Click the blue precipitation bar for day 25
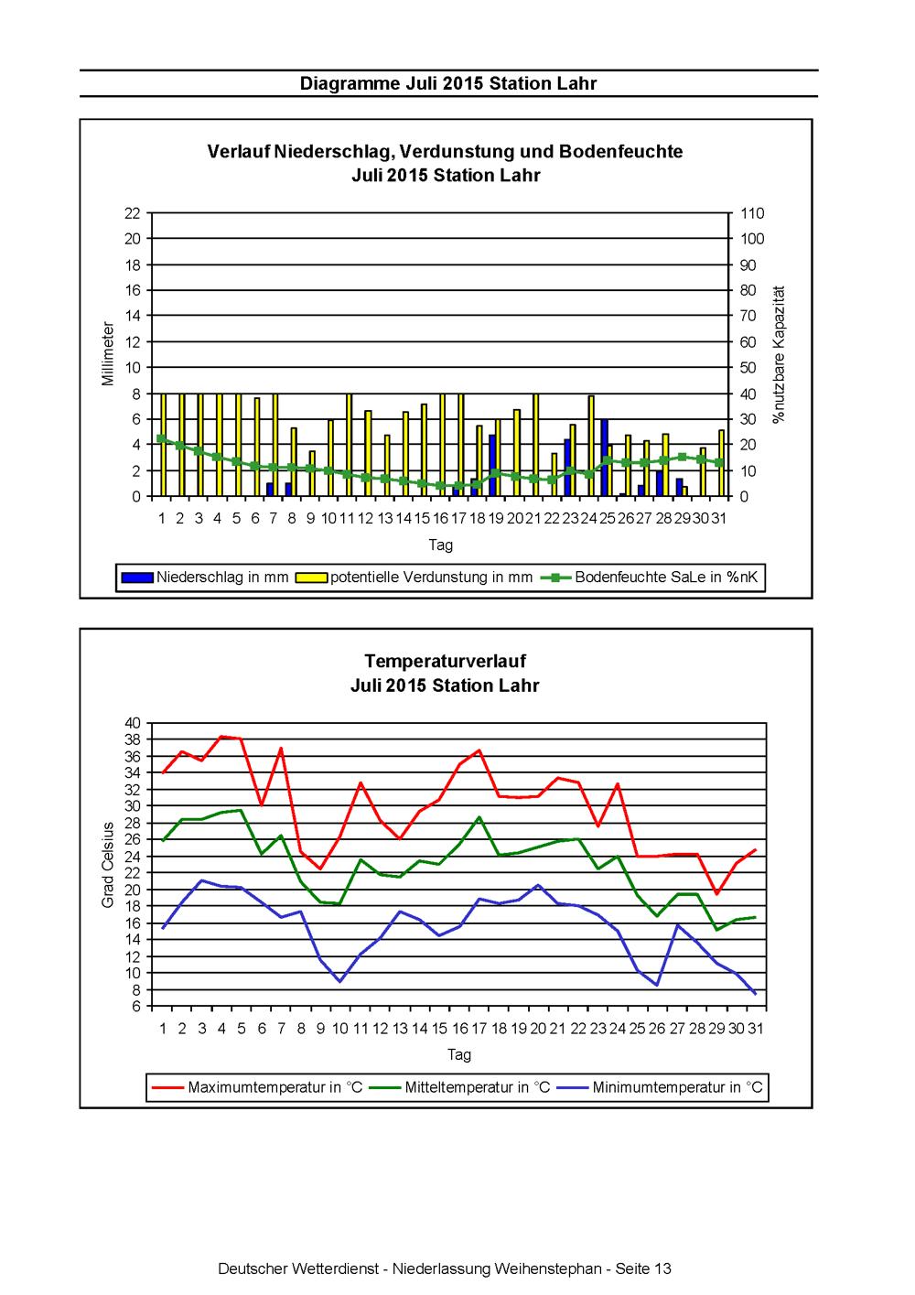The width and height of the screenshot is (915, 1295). point(604,458)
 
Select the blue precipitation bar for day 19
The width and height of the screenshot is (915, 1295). point(492,465)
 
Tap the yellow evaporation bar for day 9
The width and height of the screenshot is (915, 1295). point(312,473)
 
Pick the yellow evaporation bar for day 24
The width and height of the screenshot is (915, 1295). point(591,446)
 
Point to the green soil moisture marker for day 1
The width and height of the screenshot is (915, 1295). point(161,438)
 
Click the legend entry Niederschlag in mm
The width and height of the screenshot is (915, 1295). point(205,577)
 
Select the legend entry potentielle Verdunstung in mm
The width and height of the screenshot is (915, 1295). point(414,577)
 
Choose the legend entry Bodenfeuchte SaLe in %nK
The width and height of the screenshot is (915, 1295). point(650,577)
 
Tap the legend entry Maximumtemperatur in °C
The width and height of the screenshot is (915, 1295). point(257,1087)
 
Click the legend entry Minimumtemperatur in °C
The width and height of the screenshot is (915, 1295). point(660,1087)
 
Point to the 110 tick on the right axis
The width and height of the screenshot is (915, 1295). point(752,213)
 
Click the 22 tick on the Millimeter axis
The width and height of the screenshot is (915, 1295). point(133,213)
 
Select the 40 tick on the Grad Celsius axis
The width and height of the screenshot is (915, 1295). point(133,723)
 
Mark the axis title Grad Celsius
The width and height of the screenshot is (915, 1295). point(107,865)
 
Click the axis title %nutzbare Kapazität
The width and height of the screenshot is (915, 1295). point(779,354)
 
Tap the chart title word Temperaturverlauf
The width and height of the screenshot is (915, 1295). point(445,661)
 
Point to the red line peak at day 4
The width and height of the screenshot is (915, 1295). point(221,737)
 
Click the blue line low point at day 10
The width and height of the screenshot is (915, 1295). point(340,981)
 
